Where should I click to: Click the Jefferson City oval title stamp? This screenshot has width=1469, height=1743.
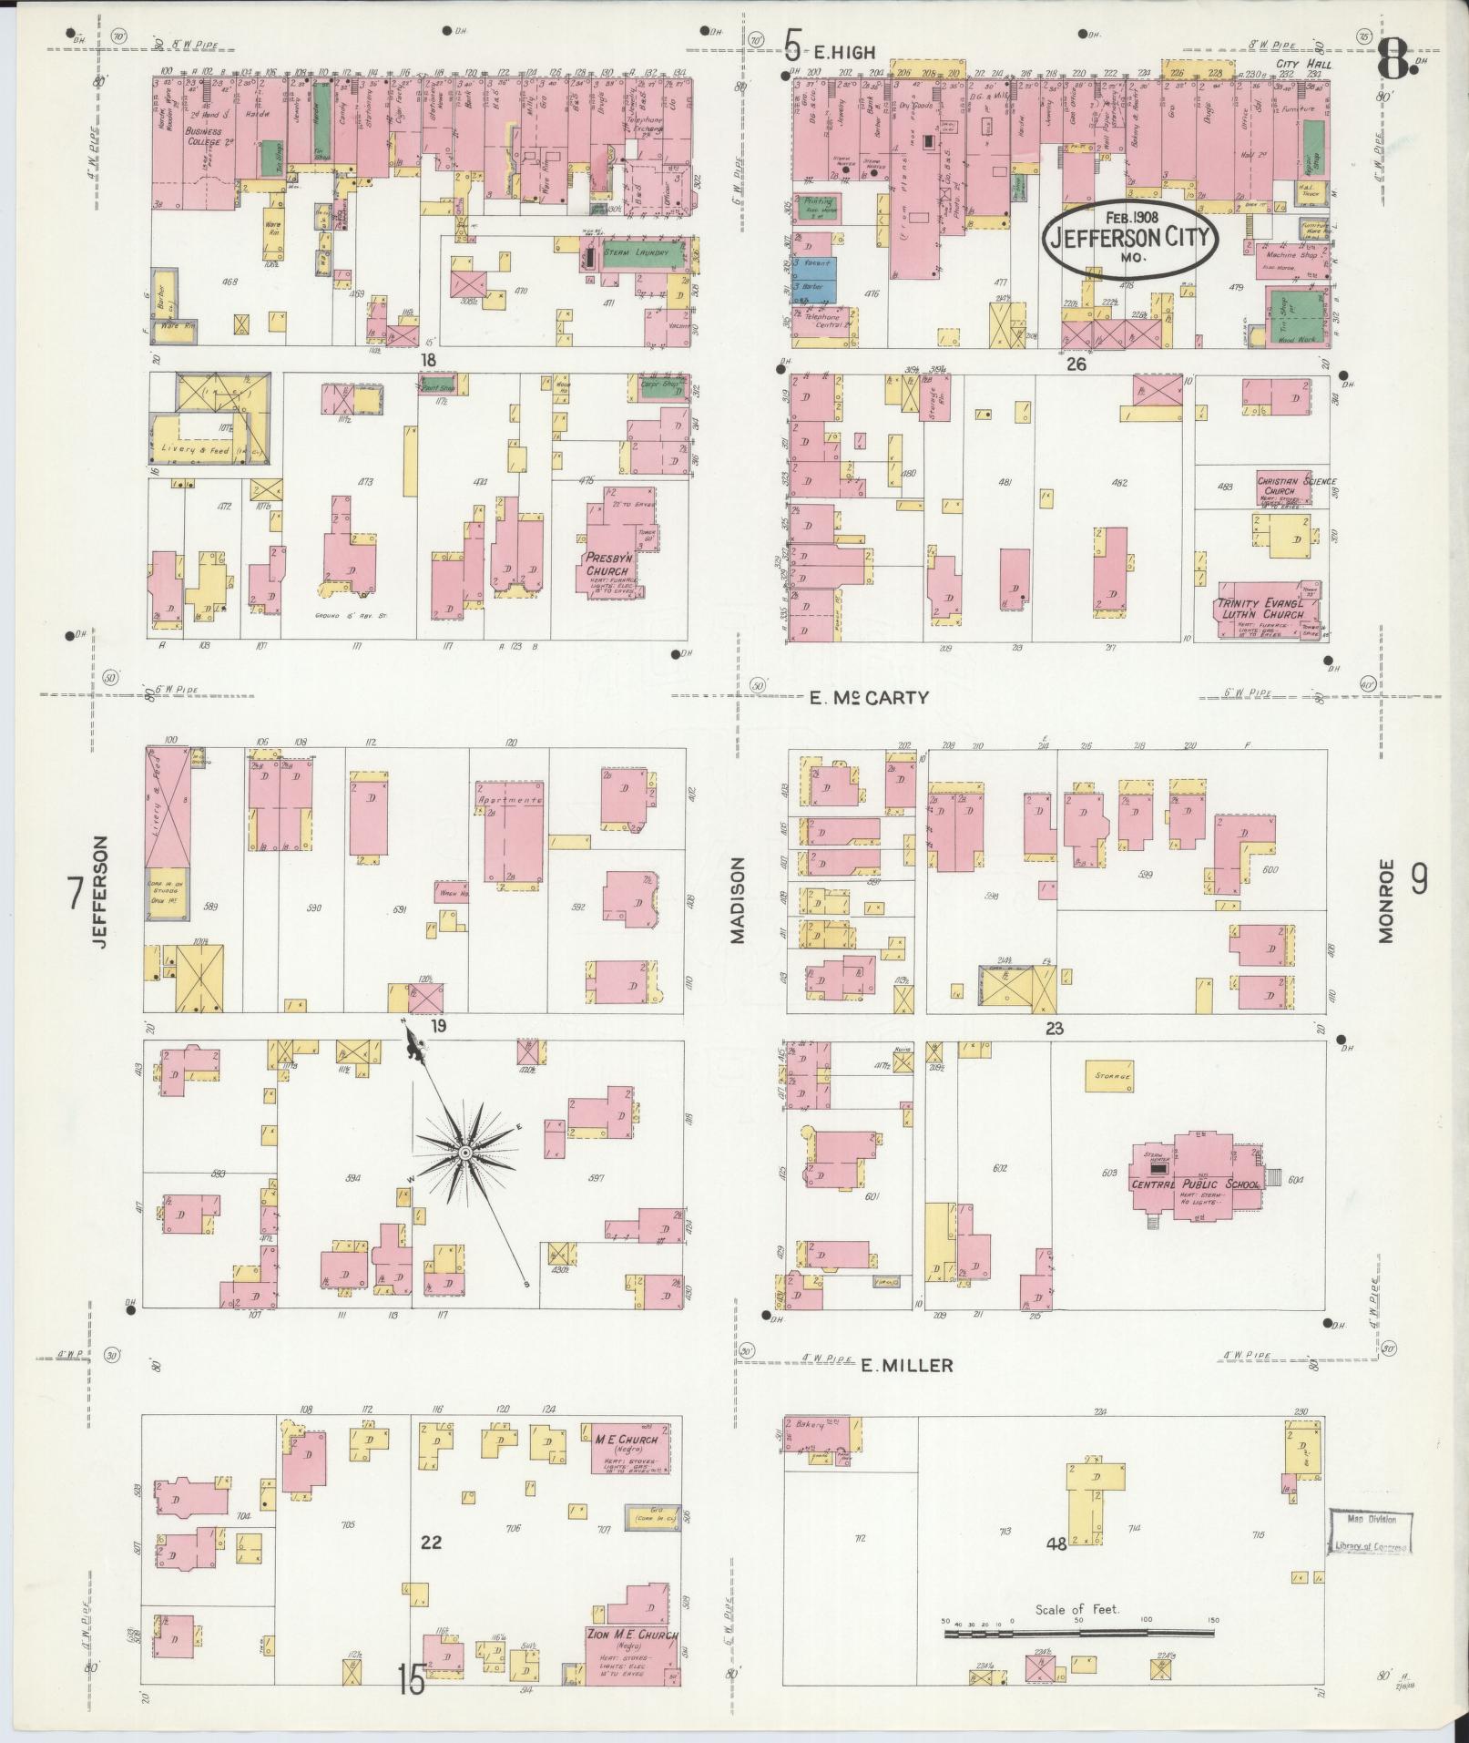coord(1131,238)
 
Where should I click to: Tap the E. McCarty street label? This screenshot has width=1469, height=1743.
coord(869,698)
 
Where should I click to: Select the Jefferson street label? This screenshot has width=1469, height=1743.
coord(100,893)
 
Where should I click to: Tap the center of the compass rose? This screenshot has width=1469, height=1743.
coord(465,1153)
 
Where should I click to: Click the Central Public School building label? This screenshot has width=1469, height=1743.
coord(1195,1184)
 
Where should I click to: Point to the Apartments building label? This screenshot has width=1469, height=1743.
coord(510,799)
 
